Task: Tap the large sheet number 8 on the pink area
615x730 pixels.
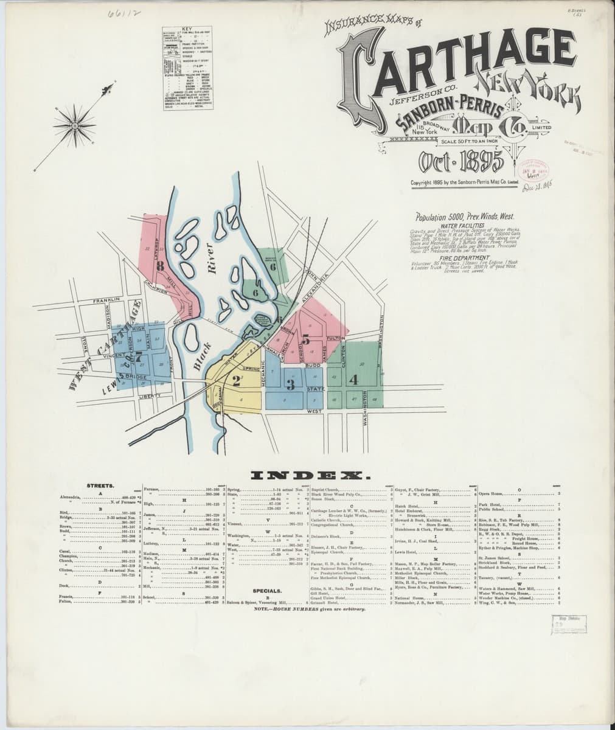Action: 160,265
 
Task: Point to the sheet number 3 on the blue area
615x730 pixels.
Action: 291,384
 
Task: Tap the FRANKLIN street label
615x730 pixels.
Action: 108,301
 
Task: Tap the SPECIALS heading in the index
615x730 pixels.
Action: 267,590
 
